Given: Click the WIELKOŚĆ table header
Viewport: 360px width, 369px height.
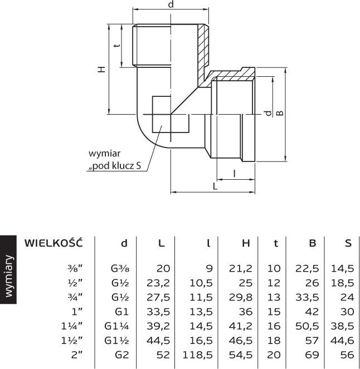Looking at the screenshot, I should point(53,243).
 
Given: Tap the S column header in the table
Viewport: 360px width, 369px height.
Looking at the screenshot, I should point(348,243).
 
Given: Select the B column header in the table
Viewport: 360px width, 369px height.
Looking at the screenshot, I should point(313,243).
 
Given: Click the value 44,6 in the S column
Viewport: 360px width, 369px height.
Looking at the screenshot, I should point(342,340).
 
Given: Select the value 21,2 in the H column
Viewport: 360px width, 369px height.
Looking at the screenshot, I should point(241,268).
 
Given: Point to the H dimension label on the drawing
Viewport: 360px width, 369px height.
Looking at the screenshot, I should point(101,70).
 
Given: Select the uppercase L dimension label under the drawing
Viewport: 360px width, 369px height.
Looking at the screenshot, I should point(215,186).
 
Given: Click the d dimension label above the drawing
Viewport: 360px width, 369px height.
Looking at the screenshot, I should point(171,5).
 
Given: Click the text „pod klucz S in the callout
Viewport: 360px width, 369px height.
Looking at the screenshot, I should point(114,166).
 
